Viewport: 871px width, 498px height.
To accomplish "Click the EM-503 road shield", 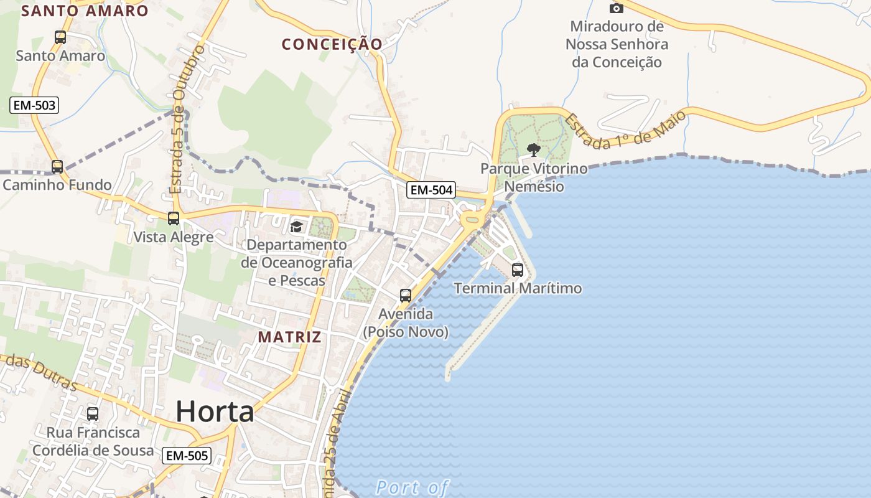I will click(35, 105).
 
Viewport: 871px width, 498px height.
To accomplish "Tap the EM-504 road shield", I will click(431, 190).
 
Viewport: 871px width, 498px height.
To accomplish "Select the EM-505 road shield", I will click(187, 456).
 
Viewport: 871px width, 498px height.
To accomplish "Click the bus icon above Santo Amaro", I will click(60, 37).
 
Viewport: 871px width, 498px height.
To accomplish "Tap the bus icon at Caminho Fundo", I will click(57, 166).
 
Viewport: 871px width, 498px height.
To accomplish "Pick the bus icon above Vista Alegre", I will click(174, 218).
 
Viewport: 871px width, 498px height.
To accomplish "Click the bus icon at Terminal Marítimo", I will click(518, 270).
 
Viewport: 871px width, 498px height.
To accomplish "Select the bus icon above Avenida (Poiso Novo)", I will click(406, 296).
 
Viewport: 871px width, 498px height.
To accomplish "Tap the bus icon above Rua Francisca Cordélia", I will click(93, 413).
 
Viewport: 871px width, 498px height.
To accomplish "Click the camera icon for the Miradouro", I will click(617, 8).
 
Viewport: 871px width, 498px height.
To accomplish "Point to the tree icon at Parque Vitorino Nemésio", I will click(533, 149).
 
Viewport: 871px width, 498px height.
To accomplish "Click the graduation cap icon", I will click(296, 227).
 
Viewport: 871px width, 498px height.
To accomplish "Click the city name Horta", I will click(215, 411).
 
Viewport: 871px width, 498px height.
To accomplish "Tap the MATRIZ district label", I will click(290, 337).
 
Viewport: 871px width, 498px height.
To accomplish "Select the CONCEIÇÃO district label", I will click(332, 44).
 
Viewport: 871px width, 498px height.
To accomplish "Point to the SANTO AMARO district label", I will click(85, 11).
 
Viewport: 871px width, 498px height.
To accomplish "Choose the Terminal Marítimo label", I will click(518, 288).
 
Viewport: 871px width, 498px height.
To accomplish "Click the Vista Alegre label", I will click(174, 237).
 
